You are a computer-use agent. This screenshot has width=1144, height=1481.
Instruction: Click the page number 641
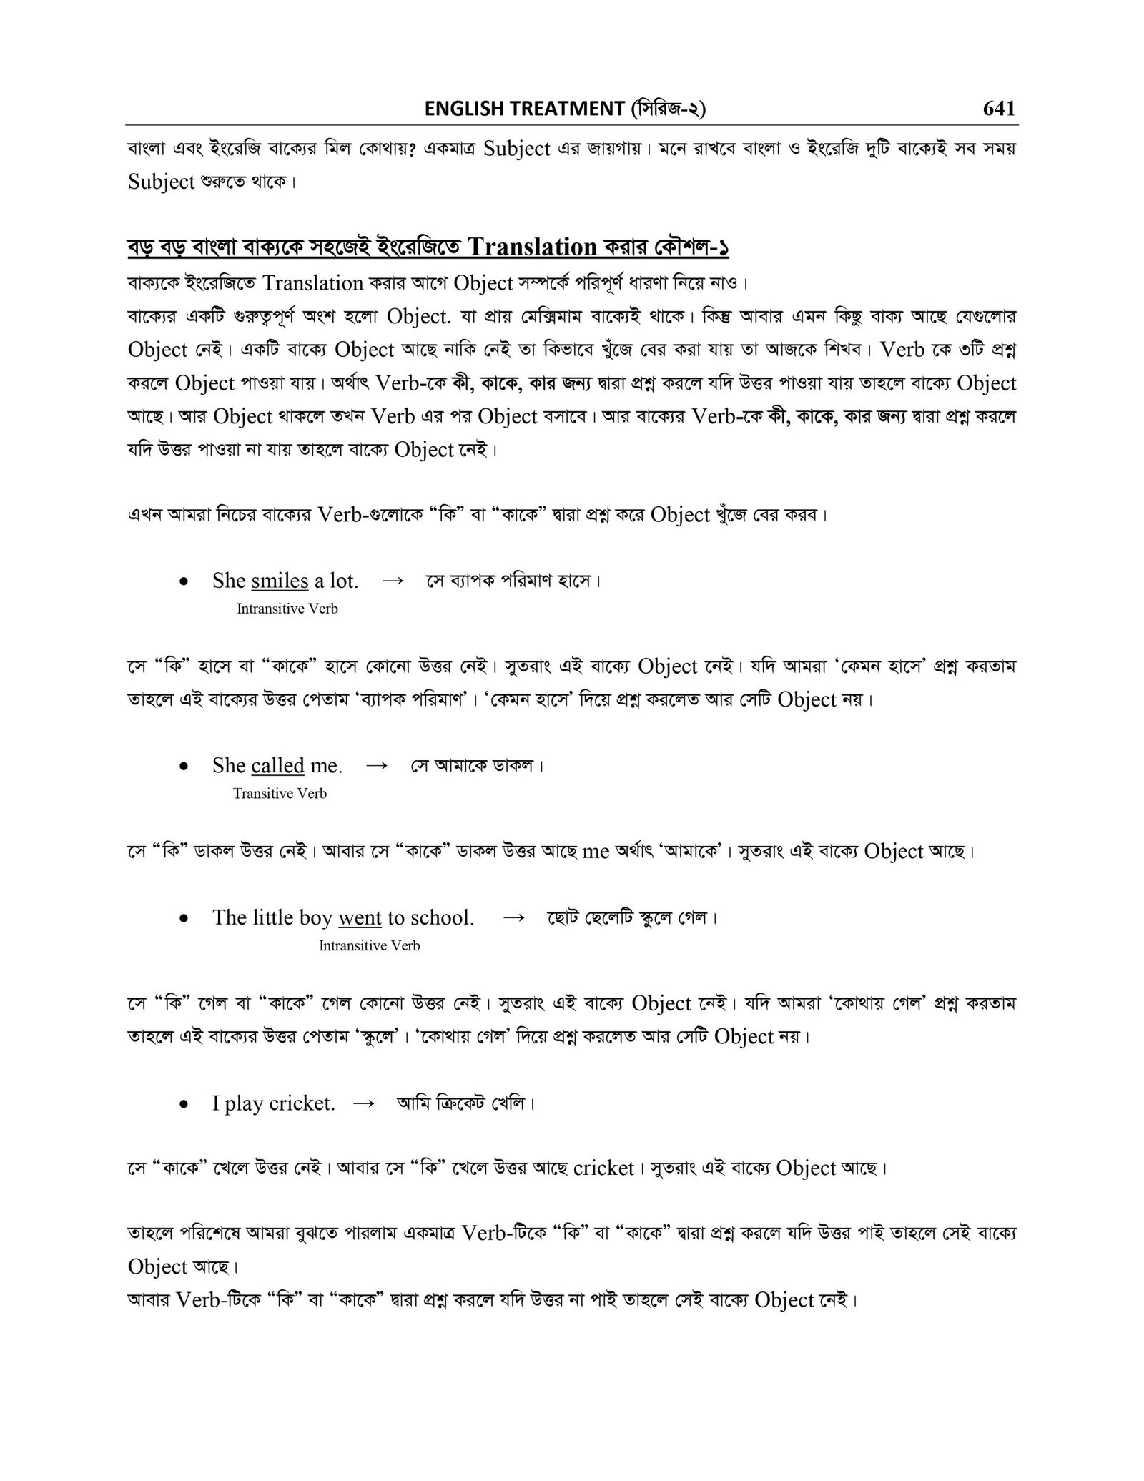999,108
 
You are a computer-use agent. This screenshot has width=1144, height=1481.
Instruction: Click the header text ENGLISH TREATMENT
524,109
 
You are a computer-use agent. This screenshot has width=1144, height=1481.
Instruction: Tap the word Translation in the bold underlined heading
531,247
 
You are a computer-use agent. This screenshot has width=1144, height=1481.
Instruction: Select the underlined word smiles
280,581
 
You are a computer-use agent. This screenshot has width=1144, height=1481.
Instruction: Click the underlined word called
278,765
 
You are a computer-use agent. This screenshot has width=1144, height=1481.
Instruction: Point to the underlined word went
360,917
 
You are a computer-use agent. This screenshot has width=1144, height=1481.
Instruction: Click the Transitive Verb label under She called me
280,793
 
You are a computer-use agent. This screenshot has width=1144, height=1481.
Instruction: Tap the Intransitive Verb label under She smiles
287,609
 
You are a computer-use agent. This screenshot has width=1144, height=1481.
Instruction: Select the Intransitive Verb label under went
369,945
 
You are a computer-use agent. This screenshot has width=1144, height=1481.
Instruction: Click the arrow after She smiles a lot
393,581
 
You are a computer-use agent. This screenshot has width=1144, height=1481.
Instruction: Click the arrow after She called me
377,765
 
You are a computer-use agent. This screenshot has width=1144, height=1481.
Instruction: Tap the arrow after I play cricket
364,1103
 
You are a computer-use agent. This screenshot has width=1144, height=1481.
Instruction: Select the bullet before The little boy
184,919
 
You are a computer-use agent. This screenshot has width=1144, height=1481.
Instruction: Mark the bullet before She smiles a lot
184,582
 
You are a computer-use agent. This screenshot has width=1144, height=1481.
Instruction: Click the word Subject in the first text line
517,149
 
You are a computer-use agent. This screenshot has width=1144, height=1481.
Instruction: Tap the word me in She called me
326,765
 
